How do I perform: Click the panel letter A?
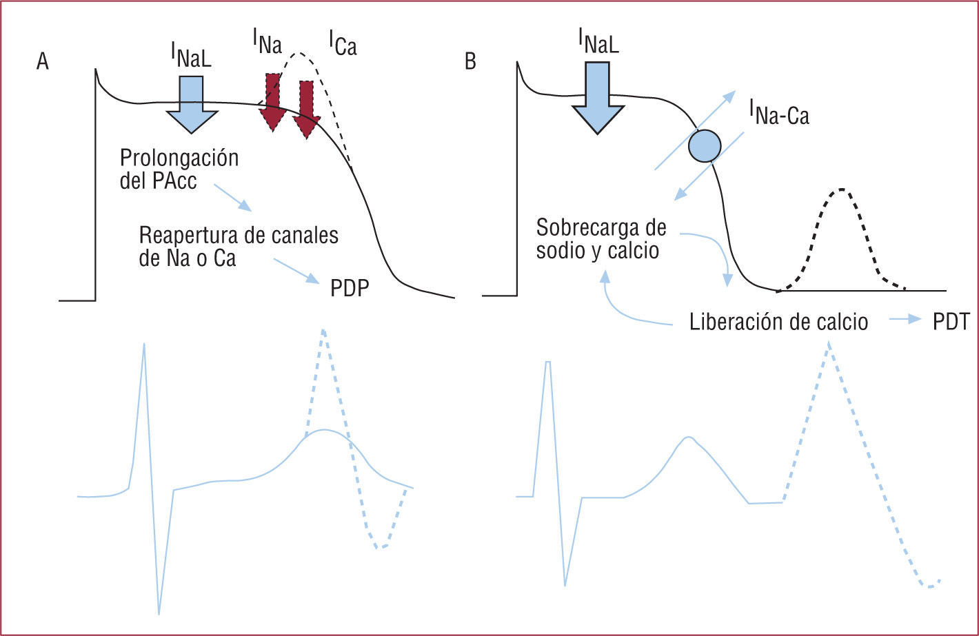43,63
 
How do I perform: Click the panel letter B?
470,63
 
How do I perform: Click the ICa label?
343,48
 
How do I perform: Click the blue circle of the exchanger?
705,145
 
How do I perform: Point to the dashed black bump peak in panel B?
841,188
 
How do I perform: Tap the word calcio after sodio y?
633,251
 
